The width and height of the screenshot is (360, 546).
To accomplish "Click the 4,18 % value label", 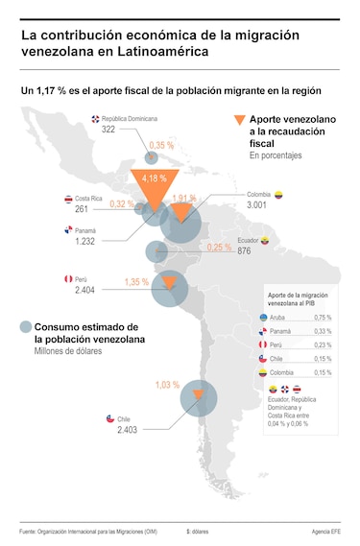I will (154, 179).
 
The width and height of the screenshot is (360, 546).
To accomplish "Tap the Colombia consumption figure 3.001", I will (256, 205).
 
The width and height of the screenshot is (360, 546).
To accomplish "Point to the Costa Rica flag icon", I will (68, 198).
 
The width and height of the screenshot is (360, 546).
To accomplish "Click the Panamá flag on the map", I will (68, 230).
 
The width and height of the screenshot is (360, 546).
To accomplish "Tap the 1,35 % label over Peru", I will (137, 283).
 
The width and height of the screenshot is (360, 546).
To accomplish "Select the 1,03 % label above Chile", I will (167, 385).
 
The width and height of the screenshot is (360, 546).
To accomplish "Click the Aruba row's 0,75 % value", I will (323, 318).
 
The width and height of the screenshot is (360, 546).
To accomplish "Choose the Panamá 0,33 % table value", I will (323, 331).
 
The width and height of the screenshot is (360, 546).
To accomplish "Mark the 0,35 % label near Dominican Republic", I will (161, 145).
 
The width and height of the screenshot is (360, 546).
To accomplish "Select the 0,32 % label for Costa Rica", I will (122, 204).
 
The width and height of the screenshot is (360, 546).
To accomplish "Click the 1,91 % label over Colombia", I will (184, 199).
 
